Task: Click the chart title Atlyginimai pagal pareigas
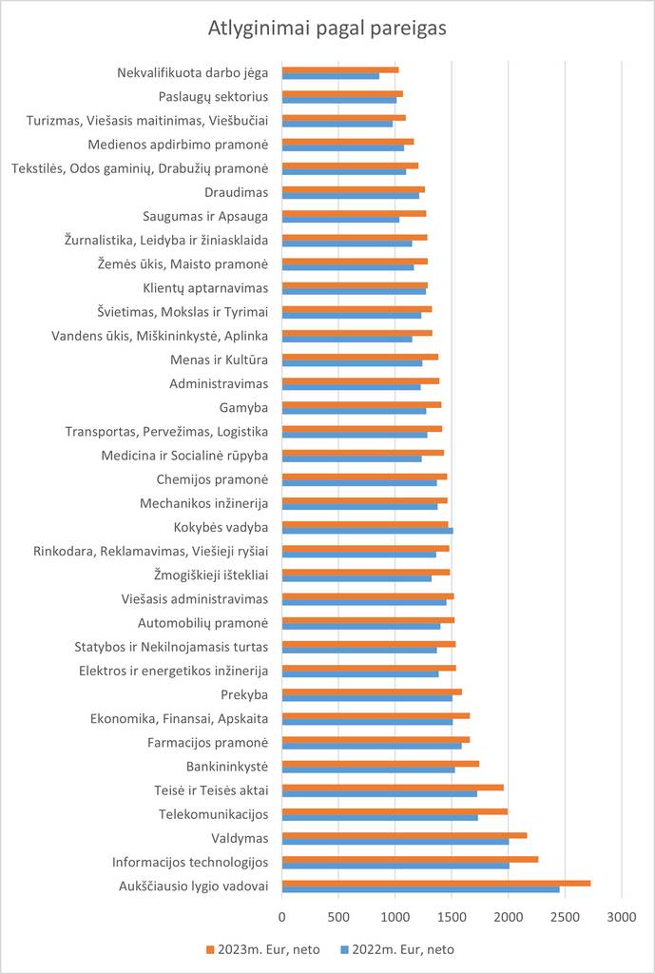pyautogui.click(x=327, y=29)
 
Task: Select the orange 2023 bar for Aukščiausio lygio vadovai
pyautogui.click(x=436, y=883)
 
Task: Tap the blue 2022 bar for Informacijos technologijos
pyautogui.click(x=395, y=866)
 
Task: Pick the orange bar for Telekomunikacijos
pyautogui.click(x=395, y=811)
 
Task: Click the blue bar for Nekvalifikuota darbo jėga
pyautogui.click(x=331, y=76)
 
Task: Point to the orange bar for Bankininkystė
pyautogui.click(x=380, y=763)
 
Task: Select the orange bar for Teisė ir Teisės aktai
pyautogui.click(x=393, y=787)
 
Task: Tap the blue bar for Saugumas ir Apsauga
pyautogui.click(x=340, y=220)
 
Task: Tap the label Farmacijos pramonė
pyautogui.click(x=207, y=742)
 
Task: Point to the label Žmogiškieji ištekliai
pyautogui.click(x=211, y=575)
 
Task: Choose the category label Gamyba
pyautogui.click(x=242, y=407)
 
